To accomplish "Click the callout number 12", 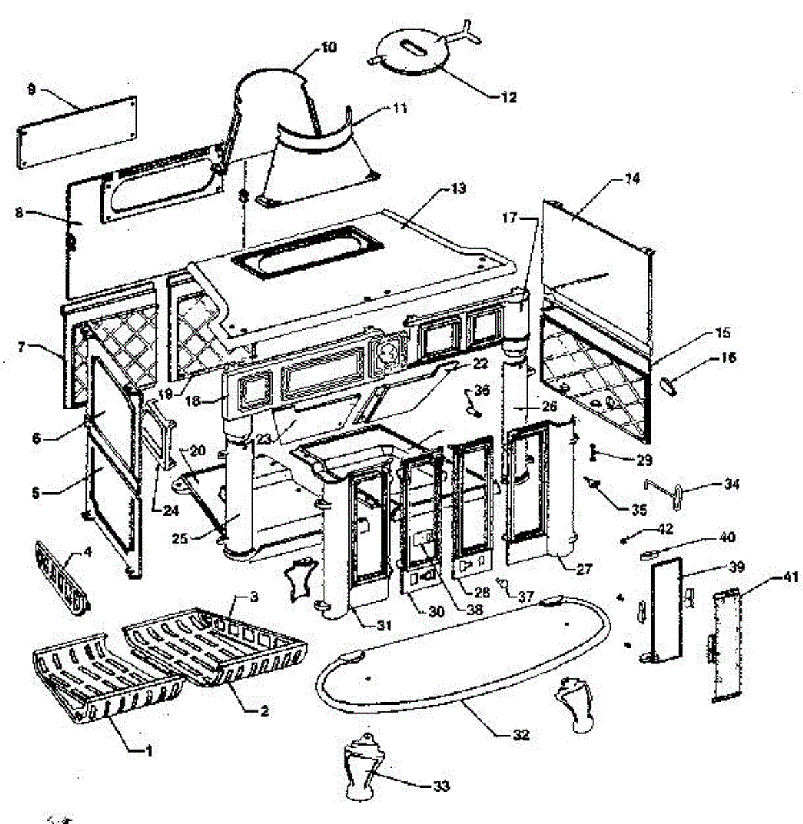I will [508, 98].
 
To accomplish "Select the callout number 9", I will [31, 89].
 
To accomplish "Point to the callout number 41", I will [791, 577].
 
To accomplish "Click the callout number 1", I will [146, 751].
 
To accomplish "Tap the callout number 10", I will [329, 47].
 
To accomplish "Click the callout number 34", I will [732, 484].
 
